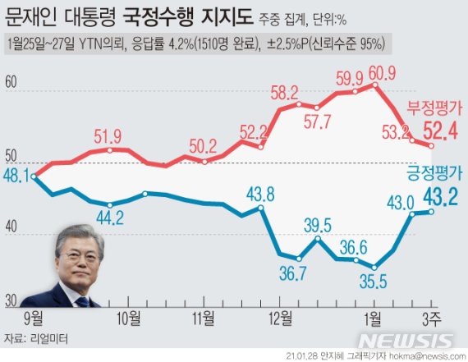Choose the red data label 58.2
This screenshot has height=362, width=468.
(x=283, y=92)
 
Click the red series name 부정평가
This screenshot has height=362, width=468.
(x=434, y=108)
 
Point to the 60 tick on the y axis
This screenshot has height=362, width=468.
(x=11, y=82)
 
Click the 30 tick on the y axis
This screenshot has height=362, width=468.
(x=11, y=301)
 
